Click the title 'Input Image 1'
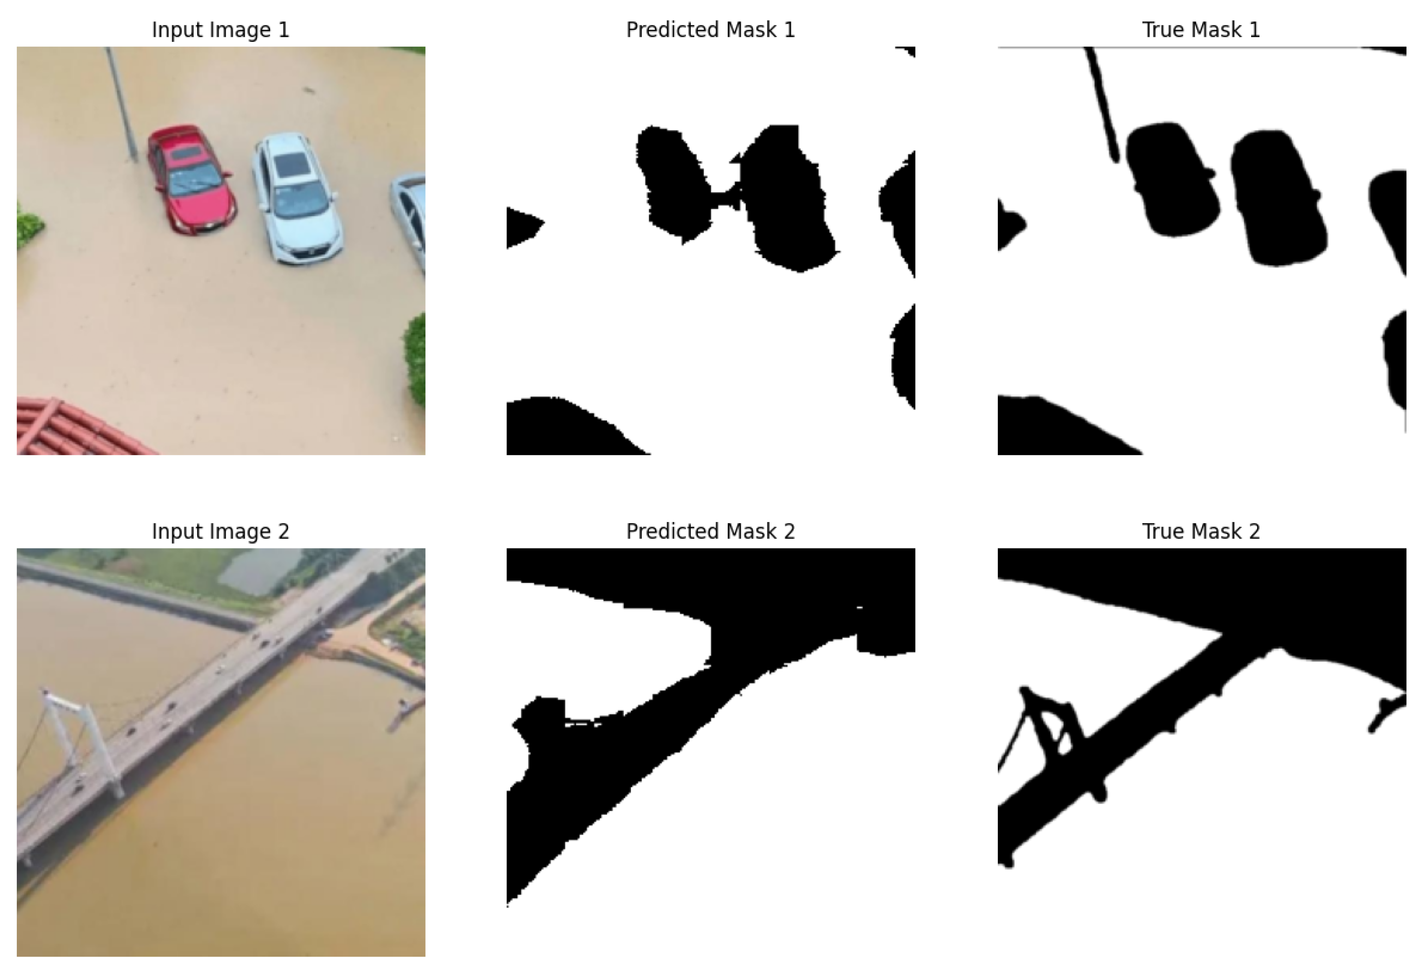[220, 30]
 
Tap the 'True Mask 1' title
[1201, 30]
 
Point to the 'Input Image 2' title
[220, 531]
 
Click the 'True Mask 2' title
[1201, 531]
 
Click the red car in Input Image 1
[191, 179]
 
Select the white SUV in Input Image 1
[297, 198]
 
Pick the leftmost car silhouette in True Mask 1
[1172, 179]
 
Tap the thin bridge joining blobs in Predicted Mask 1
[725, 199]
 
